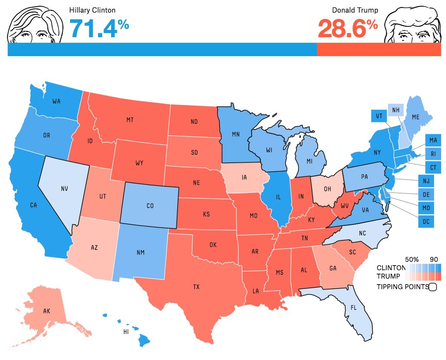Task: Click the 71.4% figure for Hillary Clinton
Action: [x=99, y=29]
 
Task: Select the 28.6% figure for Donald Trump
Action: [x=348, y=29]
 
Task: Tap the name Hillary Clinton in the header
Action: [x=92, y=10]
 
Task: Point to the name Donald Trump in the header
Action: [x=355, y=10]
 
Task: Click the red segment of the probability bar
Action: [x=379, y=49]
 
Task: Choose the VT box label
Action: [x=379, y=116]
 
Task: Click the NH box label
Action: [x=396, y=110]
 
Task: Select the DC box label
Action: [x=426, y=222]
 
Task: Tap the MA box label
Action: [x=433, y=141]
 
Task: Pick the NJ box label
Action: [x=426, y=181]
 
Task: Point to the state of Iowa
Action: [x=244, y=178]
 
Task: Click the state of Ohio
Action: [x=327, y=189]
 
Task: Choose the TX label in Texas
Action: [x=196, y=287]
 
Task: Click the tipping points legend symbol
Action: [x=433, y=287]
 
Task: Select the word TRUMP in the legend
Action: [x=388, y=276]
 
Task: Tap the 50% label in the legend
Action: [x=412, y=259]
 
